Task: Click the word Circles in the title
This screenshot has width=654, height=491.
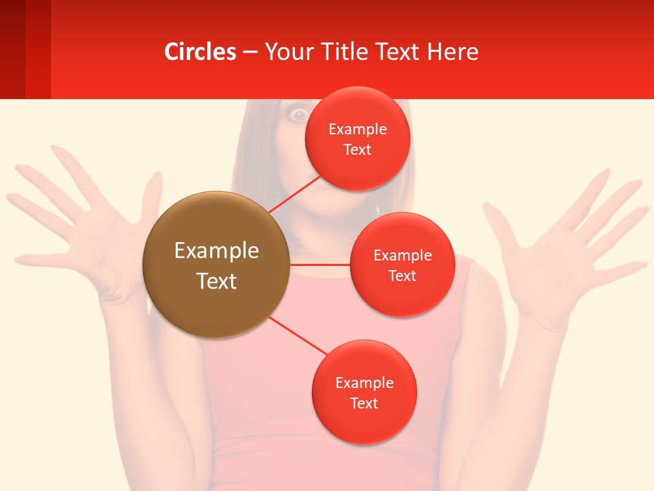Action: point(200,52)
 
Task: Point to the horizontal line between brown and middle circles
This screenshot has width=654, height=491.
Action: point(320,264)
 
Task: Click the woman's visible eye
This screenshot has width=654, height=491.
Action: point(298,115)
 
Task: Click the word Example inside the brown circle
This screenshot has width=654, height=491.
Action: point(217,251)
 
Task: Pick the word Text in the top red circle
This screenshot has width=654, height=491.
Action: point(358,149)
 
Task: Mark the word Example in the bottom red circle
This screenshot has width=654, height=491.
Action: point(364,383)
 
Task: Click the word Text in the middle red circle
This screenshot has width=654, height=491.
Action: point(402,276)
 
